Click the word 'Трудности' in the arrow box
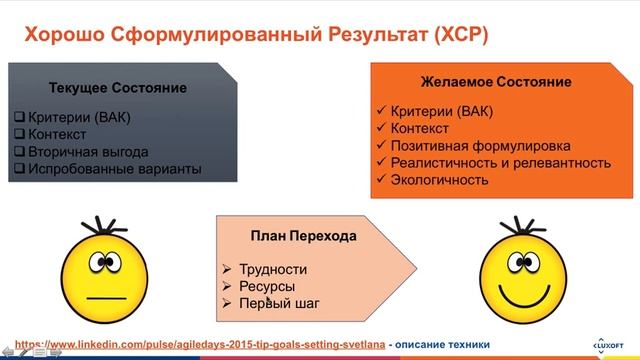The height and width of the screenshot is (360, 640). (273, 269)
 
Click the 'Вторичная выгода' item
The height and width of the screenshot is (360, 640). (87, 152)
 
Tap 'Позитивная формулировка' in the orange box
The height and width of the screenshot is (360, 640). (478, 144)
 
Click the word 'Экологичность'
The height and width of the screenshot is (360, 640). (440, 180)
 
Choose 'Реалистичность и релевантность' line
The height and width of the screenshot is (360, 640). (501, 162)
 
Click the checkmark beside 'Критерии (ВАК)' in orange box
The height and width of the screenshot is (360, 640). (379, 109)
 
